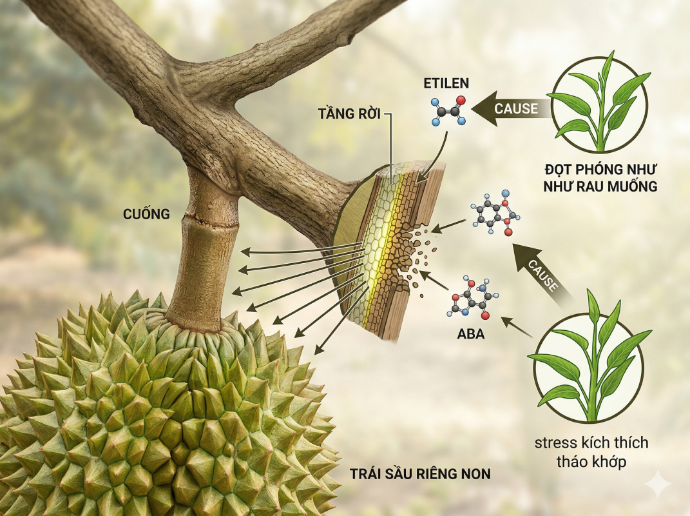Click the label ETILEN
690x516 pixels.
446,83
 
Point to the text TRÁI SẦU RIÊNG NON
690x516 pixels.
420,474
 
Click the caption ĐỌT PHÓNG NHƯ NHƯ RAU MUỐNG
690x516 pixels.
599,179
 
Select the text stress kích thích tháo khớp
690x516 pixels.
591,451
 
